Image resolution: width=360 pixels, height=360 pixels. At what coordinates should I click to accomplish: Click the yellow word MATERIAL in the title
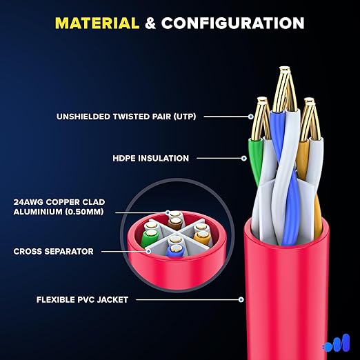[x=97, y=23]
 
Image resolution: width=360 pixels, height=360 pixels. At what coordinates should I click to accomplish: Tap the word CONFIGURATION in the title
[x=233, y=23]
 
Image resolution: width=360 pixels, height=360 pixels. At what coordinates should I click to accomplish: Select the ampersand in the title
[x=150, y=23]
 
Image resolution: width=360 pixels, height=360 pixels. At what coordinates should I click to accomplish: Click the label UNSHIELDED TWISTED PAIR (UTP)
[x=126, y=117]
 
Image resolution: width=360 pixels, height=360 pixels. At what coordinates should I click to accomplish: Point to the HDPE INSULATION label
[x=151, y=158]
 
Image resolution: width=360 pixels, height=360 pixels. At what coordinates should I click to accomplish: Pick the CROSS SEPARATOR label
[x=54, y=251]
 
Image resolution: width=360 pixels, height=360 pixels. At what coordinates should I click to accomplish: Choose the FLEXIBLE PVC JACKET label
[x=82, y=299]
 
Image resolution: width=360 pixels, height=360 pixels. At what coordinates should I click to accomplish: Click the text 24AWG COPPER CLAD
[x=59, y=202]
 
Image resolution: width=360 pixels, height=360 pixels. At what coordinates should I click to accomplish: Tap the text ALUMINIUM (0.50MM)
[x=59, y=212]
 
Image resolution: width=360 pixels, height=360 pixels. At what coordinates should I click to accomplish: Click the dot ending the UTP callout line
[x=251, y=117]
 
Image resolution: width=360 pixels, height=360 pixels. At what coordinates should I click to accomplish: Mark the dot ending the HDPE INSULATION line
[x=244, y=158]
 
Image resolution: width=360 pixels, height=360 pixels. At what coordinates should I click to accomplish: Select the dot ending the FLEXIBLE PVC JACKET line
[x=241, y=299]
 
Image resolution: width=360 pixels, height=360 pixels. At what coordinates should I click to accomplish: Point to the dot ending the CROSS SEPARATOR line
[x=149, y=251]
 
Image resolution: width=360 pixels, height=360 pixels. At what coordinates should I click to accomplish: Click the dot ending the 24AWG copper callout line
[x=168, y=212]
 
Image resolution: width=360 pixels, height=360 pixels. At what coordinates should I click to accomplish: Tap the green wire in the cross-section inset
[x=149, y=238]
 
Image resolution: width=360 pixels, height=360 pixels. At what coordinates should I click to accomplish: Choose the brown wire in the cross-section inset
[x=176, y=224]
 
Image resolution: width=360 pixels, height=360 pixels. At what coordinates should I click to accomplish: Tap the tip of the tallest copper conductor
[x=285, y=68]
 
